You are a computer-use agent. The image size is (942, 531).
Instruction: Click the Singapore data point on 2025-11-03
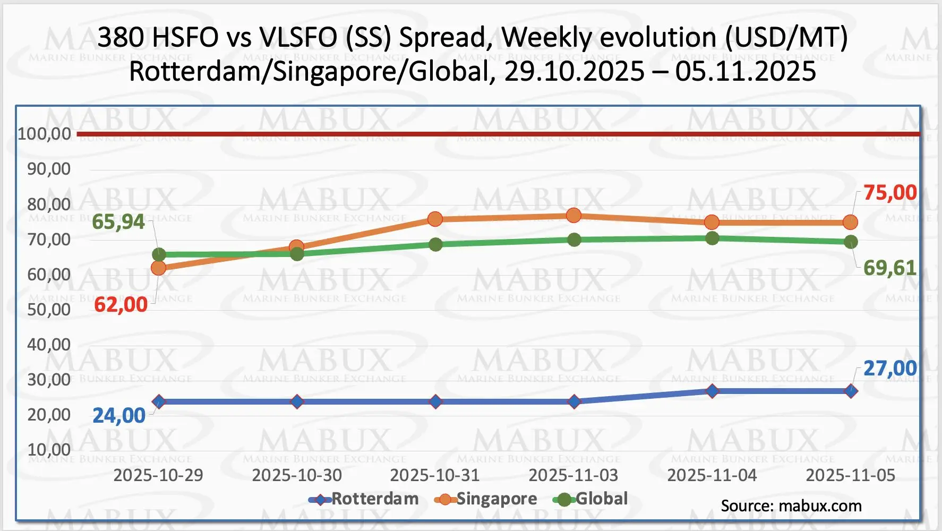click(573, 216)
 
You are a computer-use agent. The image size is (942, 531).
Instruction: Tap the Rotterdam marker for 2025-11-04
click(712, 391)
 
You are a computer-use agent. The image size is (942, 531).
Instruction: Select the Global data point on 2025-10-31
click(435, 245)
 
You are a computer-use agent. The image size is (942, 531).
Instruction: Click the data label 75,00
click(890, 193)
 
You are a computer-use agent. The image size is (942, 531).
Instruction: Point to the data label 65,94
click(118, 222)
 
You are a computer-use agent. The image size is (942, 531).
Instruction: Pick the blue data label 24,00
click(119, 416)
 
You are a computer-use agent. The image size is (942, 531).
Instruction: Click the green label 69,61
click(890, 268)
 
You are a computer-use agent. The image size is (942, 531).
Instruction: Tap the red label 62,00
click(121, 305)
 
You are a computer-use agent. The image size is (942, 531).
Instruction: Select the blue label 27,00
click(890, 369)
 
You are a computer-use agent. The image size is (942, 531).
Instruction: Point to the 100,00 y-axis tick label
click(45, 134)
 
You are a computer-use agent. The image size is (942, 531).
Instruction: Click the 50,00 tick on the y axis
click(49, 310)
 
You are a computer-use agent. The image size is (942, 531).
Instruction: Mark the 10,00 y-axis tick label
click(49, 450)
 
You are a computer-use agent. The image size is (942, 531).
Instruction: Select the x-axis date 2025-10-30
click(297, 475)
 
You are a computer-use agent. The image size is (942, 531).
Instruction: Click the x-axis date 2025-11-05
click(851, 475)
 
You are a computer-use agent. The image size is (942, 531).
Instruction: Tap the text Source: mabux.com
click(791, 506)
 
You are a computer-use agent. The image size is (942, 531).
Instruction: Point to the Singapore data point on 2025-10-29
click(158, 268)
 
